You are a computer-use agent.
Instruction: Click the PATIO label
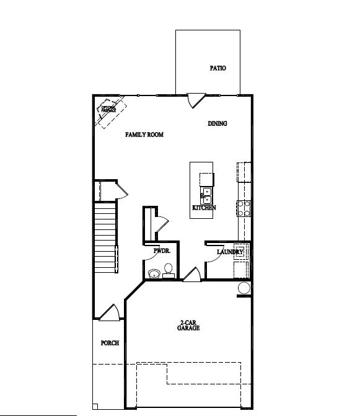tap(217, 68)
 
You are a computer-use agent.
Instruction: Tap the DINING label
tap(217, 123)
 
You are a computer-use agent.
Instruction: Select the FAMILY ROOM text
tap(144, 135)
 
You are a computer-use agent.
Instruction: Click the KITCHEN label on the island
tap(204, 208)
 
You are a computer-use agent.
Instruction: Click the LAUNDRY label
tap(229, 252)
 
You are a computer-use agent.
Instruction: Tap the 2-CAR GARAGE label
tap(189, 325)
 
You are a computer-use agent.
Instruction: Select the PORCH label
tap(110, 343)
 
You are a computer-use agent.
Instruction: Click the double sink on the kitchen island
tap(206, 196)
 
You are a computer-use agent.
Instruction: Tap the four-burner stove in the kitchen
tap(244, 208)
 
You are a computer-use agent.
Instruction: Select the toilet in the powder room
tap(168, 269)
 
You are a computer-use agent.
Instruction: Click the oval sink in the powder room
tap(153, 273)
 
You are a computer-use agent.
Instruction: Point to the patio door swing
tap(196, 99)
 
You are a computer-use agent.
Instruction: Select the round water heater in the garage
tap(244, 288)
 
